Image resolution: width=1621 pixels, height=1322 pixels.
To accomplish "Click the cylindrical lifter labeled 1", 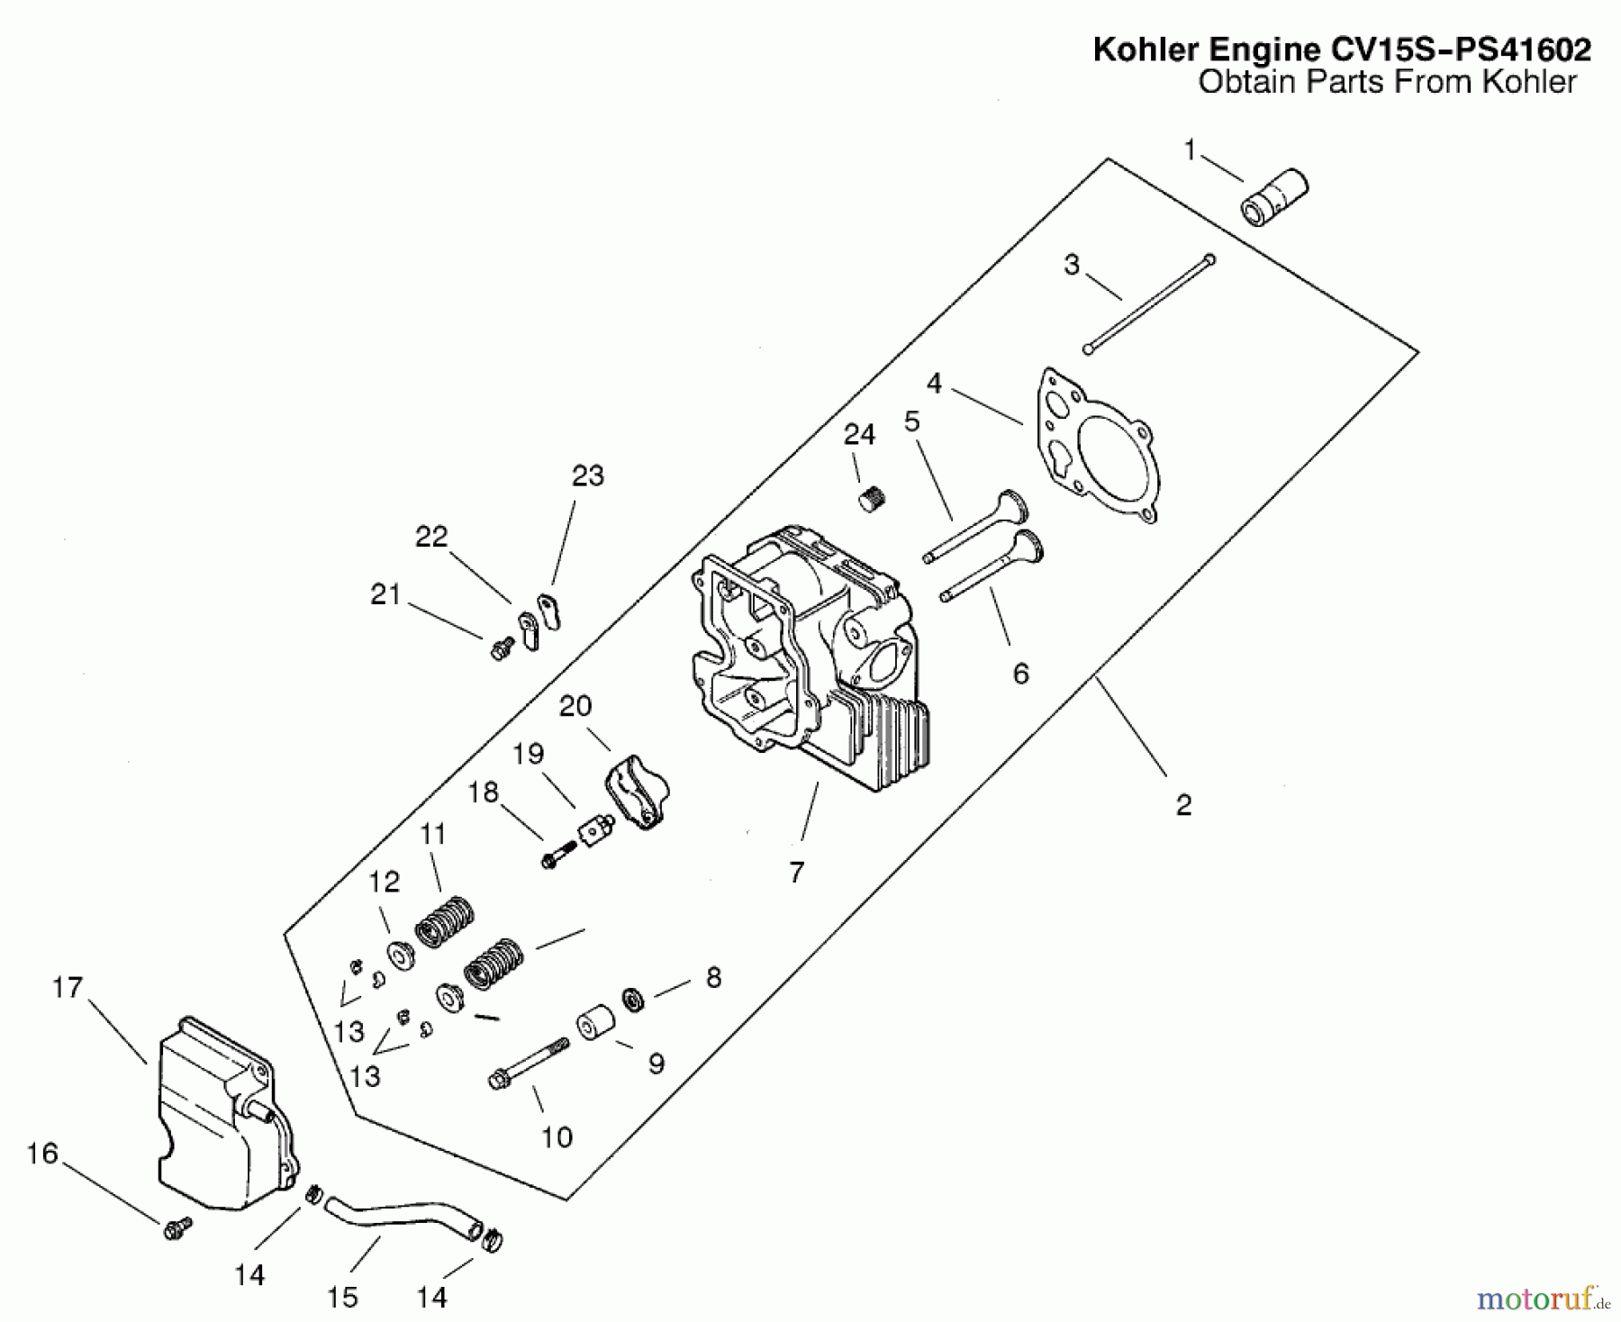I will click(x=1274, y=197).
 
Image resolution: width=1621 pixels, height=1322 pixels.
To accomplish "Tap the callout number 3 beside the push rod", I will click(x=1071, y=265).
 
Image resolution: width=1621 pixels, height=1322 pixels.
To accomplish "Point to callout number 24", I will click(x=858, y=435).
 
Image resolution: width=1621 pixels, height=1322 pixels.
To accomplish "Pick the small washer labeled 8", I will click(x=633, y=1000).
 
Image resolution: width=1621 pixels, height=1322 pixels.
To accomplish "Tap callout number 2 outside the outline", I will click(x=1183, y=804).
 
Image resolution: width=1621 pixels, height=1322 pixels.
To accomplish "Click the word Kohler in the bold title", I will click(x=1137, y=50).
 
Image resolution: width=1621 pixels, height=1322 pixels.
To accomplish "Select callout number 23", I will click(x=587, y=475).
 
